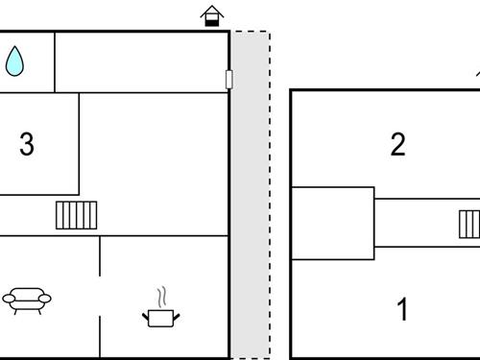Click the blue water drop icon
[14, 62]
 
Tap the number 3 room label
[27, 145]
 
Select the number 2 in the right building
[398, 145]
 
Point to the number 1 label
[403, 310]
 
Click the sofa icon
[27, 300]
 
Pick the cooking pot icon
[160, 316]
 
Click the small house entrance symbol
[211, 15]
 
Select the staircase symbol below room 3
[77, 215]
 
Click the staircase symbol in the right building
[469, 225]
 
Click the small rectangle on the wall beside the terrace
[228, 80]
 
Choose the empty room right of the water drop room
[140, 62]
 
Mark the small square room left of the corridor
[332, 223]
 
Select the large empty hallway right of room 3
[154, 163]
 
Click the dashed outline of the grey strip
[270, 192]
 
